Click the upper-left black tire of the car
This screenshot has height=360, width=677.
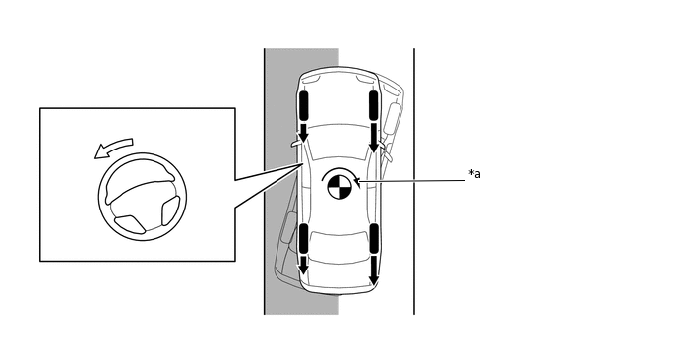(303, 105)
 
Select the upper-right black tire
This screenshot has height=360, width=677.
(374, 105)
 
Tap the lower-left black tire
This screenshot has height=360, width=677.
(303, 238)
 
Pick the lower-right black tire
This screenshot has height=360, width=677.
(374, 238)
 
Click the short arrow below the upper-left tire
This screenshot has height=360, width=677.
(303, 133)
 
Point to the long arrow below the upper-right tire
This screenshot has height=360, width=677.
(374, 138)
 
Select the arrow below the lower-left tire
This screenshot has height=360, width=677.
(303, 265)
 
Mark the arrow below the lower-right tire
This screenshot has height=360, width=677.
(374, 270)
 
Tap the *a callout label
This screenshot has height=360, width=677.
(474, 174)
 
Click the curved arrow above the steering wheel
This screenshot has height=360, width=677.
(113, 148)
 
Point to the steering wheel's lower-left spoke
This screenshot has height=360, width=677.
(130, 224)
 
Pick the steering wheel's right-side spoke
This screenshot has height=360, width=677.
(171, 210)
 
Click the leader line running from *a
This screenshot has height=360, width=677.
(413, 181)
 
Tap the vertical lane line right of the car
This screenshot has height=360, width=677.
(414, 181)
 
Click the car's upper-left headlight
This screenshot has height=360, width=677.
(311, 79)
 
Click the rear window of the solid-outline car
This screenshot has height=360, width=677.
(339, 240)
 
